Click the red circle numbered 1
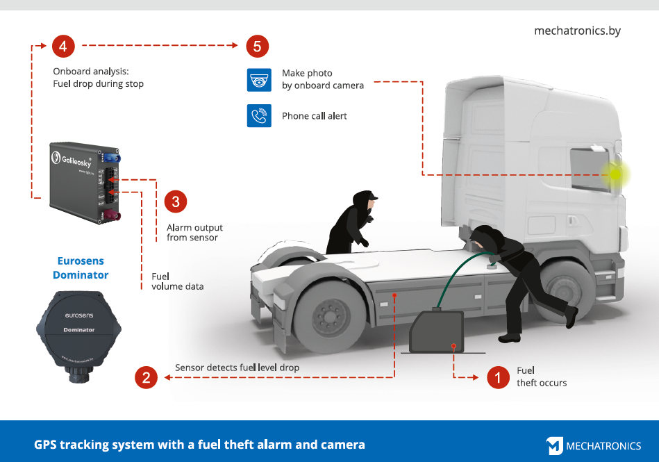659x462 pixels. point(497,377)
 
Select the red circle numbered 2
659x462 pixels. point(146,377)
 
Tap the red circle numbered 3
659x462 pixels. point(175,201)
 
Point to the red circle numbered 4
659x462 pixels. point(63,46)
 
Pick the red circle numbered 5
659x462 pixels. point(257,46)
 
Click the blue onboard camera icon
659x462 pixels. point(259,80)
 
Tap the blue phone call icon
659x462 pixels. point(259,115)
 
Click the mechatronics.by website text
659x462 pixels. point(576,31)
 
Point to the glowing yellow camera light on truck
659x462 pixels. point(615,174)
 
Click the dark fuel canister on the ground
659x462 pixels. point(437,332)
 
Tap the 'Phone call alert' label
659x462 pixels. point(314,116)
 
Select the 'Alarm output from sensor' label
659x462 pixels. point(194,233)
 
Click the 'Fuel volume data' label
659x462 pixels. point(177,281)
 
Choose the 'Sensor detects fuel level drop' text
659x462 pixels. point(237,368)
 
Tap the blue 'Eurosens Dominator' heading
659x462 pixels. point(81,268)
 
